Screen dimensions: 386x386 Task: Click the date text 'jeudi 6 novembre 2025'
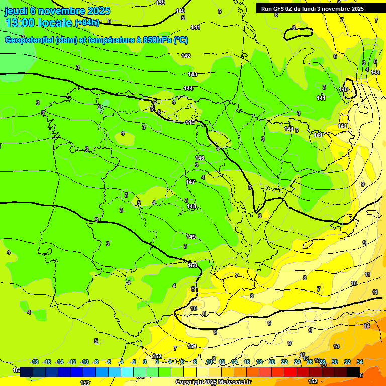57,11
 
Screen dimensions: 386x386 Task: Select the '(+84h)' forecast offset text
87,22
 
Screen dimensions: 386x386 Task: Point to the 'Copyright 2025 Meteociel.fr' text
213,382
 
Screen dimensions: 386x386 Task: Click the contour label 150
192,265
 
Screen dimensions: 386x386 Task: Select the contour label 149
191,236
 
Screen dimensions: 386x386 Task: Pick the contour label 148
191,206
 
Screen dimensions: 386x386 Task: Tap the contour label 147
190,182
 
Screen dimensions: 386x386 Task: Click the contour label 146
200,158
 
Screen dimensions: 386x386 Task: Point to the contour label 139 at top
160,3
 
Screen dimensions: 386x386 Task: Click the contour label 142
186,56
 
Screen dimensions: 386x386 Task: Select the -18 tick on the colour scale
35,362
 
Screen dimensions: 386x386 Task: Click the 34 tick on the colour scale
360,362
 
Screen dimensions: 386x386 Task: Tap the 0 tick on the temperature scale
145,362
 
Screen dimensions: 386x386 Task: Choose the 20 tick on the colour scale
272,362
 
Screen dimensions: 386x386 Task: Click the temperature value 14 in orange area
367,326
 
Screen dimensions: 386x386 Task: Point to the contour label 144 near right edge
375,72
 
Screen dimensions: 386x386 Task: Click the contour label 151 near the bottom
192,346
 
